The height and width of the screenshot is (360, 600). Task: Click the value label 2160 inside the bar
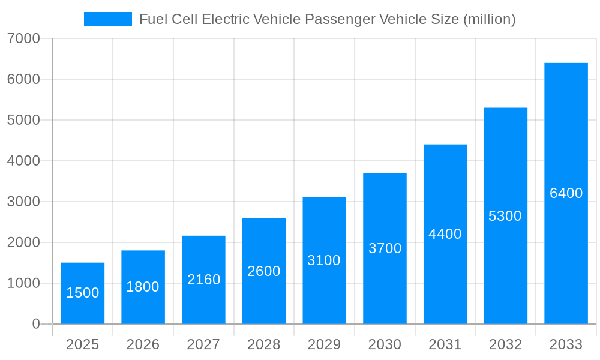coord(204,280)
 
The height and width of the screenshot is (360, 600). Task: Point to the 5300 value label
coord(505,216)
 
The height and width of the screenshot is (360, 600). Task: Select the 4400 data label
coord(445,234)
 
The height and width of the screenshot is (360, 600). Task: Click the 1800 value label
coord(143,287)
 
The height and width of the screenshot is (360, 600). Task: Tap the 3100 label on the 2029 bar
coord(324,260)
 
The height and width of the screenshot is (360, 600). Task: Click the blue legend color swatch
coord(108,19)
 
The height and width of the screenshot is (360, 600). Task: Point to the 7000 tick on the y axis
coord(23,38)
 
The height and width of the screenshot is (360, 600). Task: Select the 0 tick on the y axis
coord(35,324)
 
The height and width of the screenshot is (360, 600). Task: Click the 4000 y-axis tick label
coord(23,161)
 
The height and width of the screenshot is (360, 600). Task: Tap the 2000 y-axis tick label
coord(23,242)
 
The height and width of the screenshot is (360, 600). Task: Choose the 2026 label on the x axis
coord(143,344)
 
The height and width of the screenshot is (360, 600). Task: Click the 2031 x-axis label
coord(445,344)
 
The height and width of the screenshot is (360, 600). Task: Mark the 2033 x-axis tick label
coord(566,344)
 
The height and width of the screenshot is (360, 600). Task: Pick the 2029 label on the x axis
coord(324,344)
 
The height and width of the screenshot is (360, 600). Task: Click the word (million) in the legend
coord(489,19)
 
